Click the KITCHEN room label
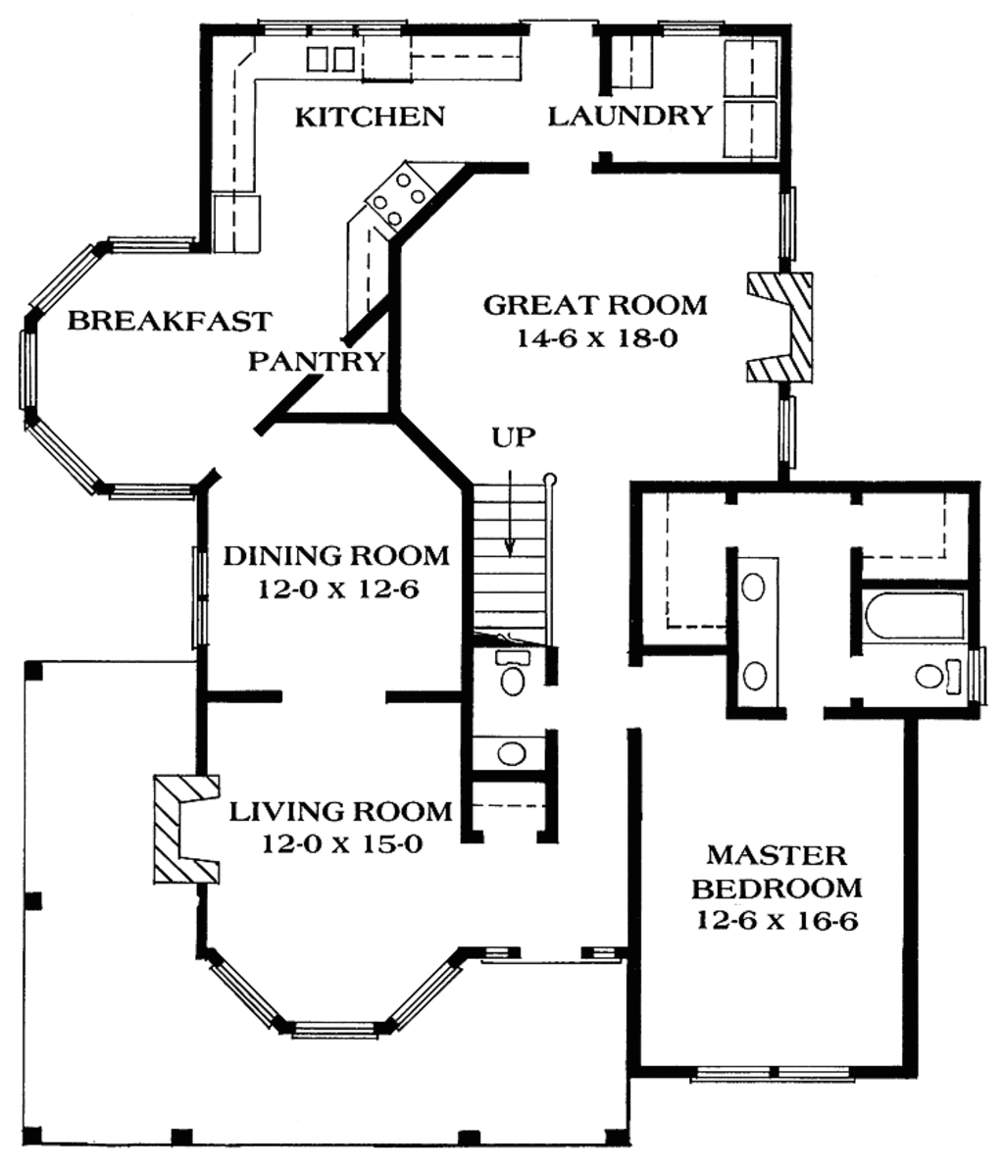(x=370, y=117)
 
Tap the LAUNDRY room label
(x=628, y=116)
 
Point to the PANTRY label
(x=316, y=362)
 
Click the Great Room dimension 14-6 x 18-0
(x=596, y=338)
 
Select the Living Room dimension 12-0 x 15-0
(x=341, y=843)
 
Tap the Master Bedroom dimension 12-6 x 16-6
(x=778, y=921)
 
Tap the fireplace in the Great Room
(x=781, y=327)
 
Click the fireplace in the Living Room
(x=183, y=829)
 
